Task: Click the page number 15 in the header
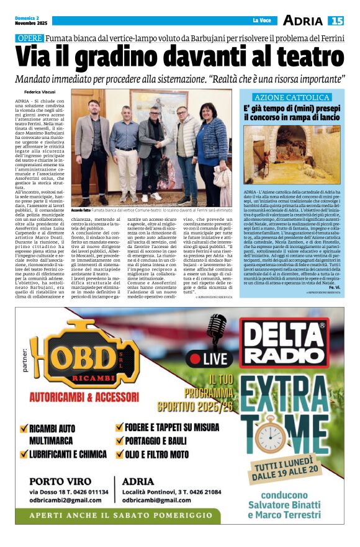(x=337, y=20)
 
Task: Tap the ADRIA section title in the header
(x=303, y=20)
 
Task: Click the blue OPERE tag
(x=29, y=38)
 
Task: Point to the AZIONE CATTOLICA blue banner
(x=291, y=97)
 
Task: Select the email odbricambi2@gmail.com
(x=66, y=500)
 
